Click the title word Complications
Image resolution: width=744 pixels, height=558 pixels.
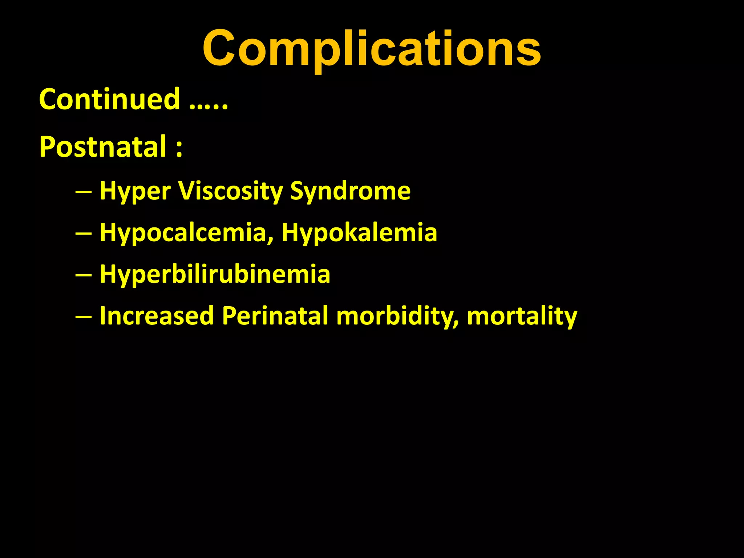[x=372, y=49]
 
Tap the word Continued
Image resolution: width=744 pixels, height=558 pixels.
[x=109, y=99]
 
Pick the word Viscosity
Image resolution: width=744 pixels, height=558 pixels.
[x=230, y=191]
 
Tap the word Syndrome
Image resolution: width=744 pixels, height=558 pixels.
[x=350, y=191]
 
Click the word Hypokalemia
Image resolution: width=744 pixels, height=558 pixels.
[x=359, y=233]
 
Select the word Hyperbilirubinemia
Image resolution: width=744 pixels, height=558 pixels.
[x=215, y=274]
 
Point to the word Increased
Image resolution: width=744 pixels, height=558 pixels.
[x=157, y=315]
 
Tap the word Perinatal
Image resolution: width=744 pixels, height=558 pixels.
[x=275, y=315]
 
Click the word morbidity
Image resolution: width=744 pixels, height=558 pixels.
[x=394, y=315]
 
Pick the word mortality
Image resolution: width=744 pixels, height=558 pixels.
[x=522, y=316]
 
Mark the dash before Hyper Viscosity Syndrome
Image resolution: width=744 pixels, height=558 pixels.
[x=83, y=191]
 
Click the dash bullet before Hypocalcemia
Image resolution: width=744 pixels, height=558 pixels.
[x=83, y=233]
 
